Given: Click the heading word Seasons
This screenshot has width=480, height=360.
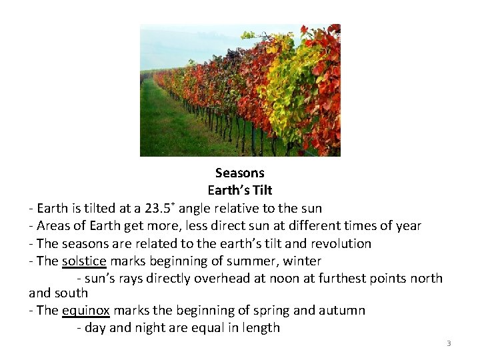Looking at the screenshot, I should point(240,173).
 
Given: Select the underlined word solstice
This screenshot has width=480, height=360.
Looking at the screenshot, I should point(84,261).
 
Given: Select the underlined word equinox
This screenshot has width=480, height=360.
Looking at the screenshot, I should point(87,310).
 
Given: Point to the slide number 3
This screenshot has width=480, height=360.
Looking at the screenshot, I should point(449,343).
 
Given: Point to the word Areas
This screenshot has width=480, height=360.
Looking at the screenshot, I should point(54,225).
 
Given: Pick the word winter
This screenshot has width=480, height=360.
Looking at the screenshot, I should point(301,261).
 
